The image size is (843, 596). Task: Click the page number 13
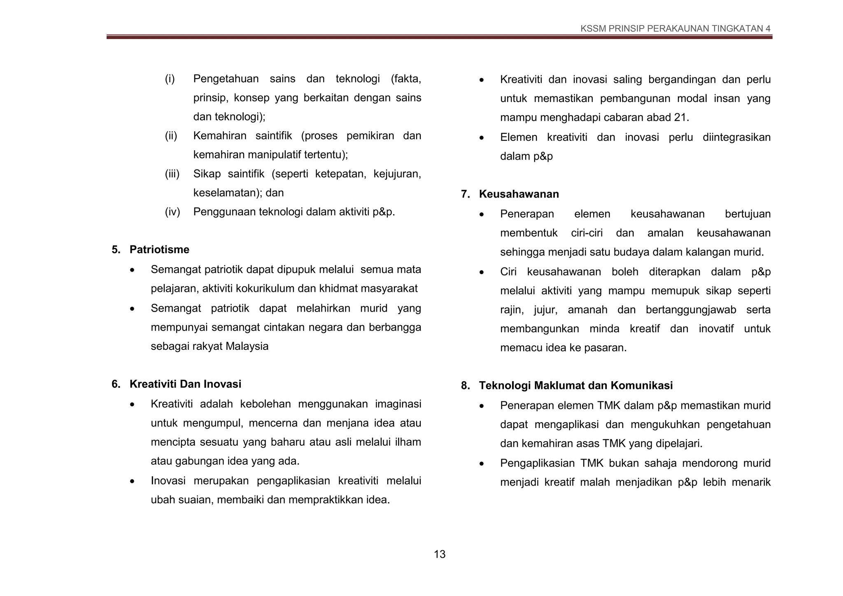pyautogui.click(x=439, y=554)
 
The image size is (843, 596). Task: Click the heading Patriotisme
pyautogui.click(x=159, y=249)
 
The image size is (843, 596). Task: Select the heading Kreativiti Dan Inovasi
pyautogui.click(x=185, y=384)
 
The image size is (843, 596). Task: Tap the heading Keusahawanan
pyautogui.click(x=519, y=194)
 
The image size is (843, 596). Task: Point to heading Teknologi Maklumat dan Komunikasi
pyautogui.click(x=575, y=386)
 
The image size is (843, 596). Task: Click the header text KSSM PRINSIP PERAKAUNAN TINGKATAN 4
pyautogui.click(x=675, y=28)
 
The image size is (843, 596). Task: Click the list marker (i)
pyautogui.click(x=170, y=79)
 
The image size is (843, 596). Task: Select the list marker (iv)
pyautogui.click(x=172, y=212)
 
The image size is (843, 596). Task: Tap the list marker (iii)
pyautogui.click(x=172, y=174)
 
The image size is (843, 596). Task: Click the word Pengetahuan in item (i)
pyautogui.click(x=226, y=79)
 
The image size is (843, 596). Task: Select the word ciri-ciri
pyautogui.click(x=587, y=233)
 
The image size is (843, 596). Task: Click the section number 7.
pyautogui.click(x=465, y=194)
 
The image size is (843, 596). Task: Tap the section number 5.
pyautogui.click(x=116, y=249)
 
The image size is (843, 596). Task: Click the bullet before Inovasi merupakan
pyautogui.click(x=132, y=481)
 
